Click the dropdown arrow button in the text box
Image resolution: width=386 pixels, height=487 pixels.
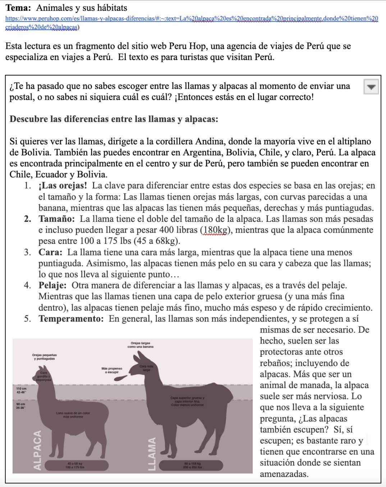coord(371,87)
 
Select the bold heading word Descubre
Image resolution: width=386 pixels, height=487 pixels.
coord(28,119)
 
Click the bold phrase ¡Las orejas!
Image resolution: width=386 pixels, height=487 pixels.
coord(63,186)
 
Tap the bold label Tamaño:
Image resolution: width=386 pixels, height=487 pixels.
coord(56,219)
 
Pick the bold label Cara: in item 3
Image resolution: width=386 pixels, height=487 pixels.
coord(50,252)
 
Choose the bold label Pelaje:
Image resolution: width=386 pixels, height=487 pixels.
coord(52,285)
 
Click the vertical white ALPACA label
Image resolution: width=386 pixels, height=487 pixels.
coord(37,450)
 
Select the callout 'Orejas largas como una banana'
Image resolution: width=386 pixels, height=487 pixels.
coord(141,345)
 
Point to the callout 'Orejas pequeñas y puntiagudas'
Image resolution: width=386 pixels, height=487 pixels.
coord(44,356)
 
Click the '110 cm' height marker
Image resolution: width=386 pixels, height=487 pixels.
coord(21,390)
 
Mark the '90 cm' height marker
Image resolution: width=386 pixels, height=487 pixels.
coord(21,406)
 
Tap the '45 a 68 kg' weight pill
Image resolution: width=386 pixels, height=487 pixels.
coord(75,465)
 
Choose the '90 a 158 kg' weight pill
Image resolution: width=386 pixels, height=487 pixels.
coord(192,465)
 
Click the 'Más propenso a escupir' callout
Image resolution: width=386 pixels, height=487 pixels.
coord(112,370)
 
